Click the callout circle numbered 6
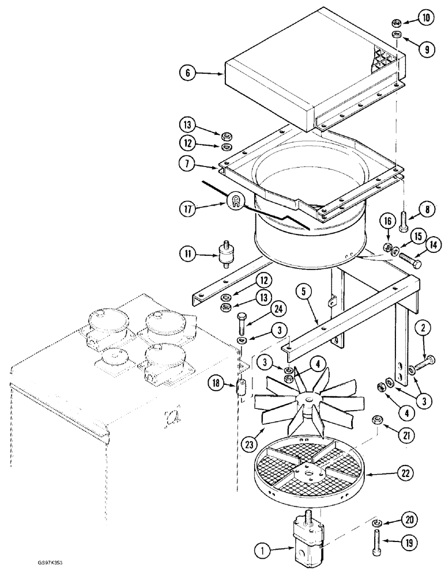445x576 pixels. (188, 74)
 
